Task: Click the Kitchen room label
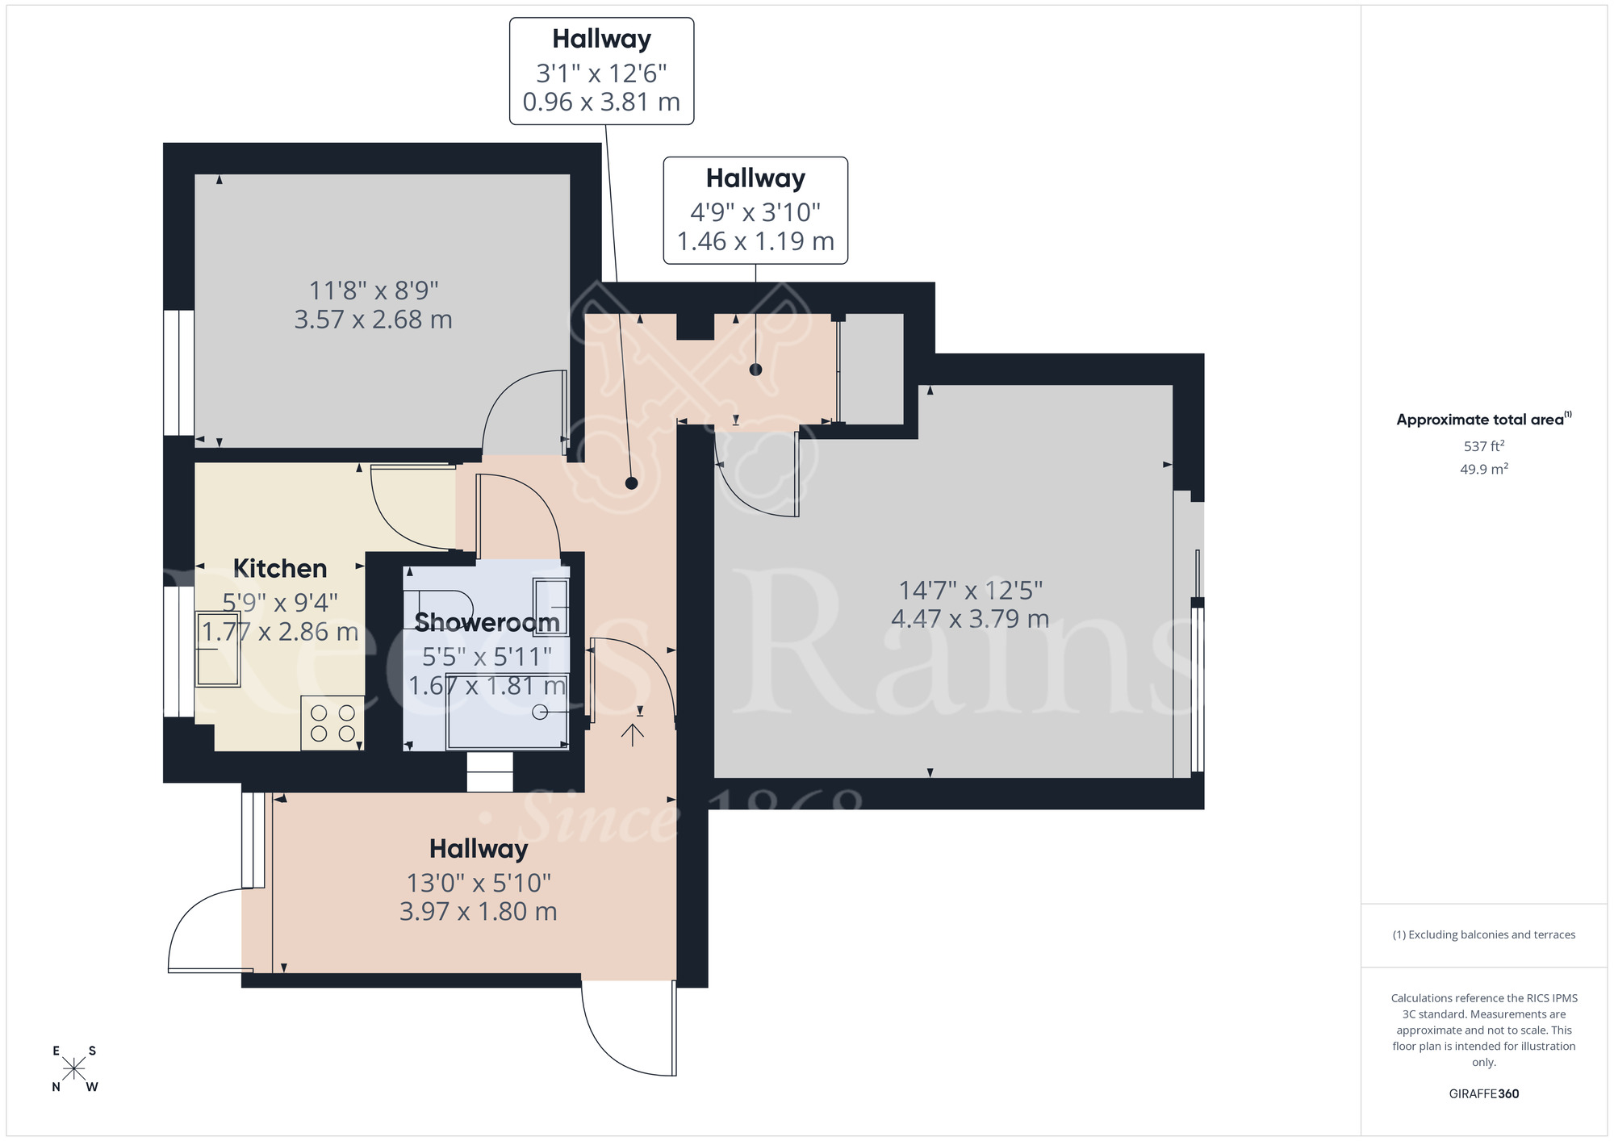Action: pos(280,568)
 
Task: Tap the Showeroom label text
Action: pos(487,622)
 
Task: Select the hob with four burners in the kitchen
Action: pos(332,723)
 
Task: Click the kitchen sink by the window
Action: pos(218,650)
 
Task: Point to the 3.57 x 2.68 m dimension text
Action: pos(373,320)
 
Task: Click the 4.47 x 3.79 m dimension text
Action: pos(970,619)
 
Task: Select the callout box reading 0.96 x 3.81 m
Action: pos(601,72)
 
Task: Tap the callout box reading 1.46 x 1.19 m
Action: pos(755,211)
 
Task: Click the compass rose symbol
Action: pos(74,1069)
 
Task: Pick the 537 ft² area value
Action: pos(1483,445)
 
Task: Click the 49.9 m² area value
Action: pos(1483,469)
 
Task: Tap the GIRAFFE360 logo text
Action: pos(1483,1094)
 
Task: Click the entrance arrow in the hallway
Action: pos(633,733)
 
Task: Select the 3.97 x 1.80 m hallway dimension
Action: pos(479,912)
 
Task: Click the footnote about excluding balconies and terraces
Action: pos(1483,934)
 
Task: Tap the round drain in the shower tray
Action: pos(540,712)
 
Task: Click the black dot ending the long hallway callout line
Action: pos(632,483)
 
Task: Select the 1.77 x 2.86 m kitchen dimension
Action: pos(280,632)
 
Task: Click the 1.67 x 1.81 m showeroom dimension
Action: pos(487,686)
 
